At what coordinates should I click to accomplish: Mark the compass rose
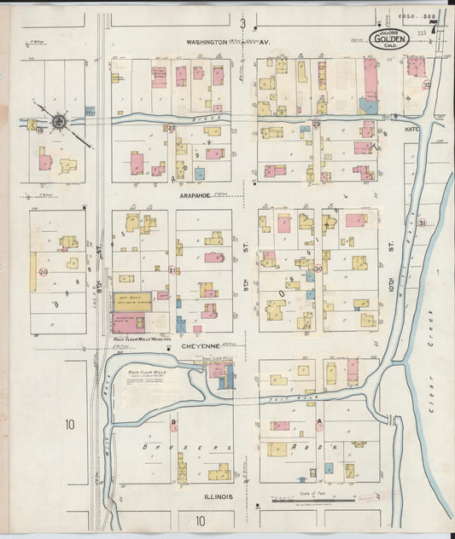59,123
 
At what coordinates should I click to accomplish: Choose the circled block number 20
44,271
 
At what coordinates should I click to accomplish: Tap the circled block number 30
318,269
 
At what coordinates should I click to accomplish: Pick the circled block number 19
38,130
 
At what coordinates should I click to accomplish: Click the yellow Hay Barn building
132,301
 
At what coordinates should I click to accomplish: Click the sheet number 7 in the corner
433,26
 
